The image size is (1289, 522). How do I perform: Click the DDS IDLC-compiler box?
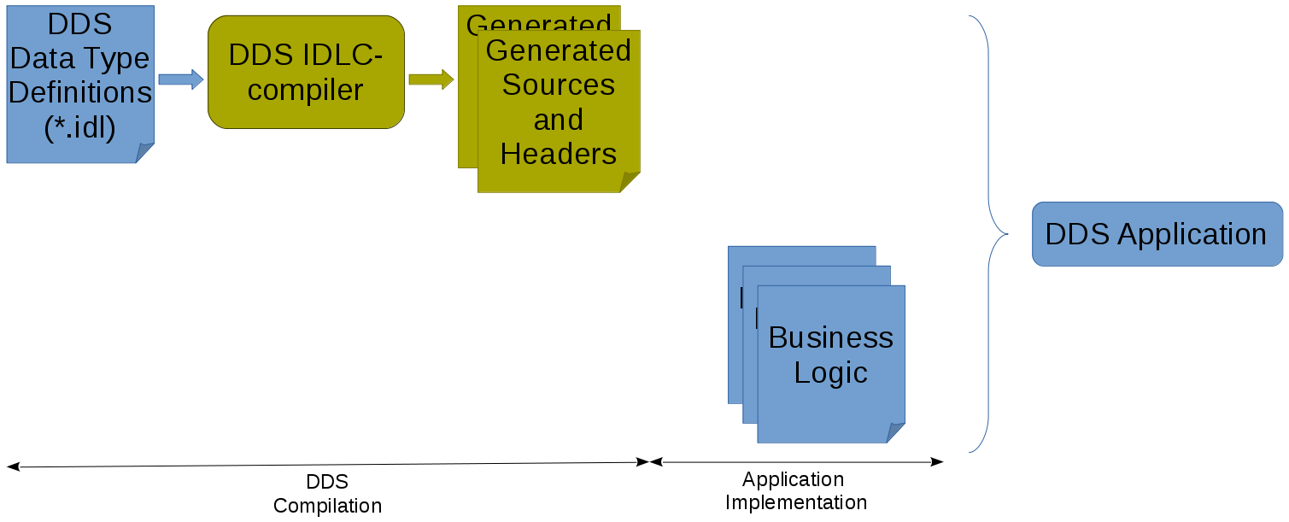[306, 73]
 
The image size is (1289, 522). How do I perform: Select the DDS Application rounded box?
[1157, 234]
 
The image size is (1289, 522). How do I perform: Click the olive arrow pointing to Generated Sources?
[431, 79]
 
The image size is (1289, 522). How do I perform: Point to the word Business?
[830, 337]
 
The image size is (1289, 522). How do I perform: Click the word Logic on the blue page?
[830, 372]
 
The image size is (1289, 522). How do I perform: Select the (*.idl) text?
[79, 126]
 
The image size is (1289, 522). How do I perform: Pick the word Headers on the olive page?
[558, 154]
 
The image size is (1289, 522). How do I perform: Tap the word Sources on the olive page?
[558, 85]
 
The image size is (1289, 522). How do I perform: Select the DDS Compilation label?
[327, 494]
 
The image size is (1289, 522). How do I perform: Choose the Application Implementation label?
[795, 490]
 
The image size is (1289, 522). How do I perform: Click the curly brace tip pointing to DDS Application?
[1006, 233]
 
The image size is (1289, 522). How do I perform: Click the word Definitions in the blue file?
[79, 92]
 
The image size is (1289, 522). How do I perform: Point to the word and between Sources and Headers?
[558, 120]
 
